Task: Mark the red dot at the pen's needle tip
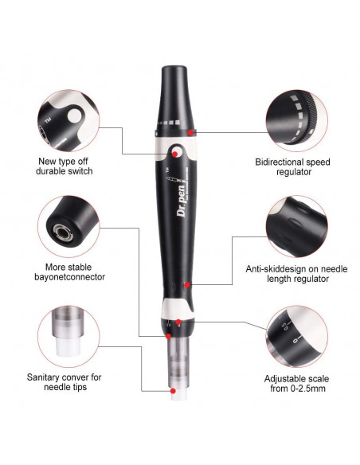pos(174,390)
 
